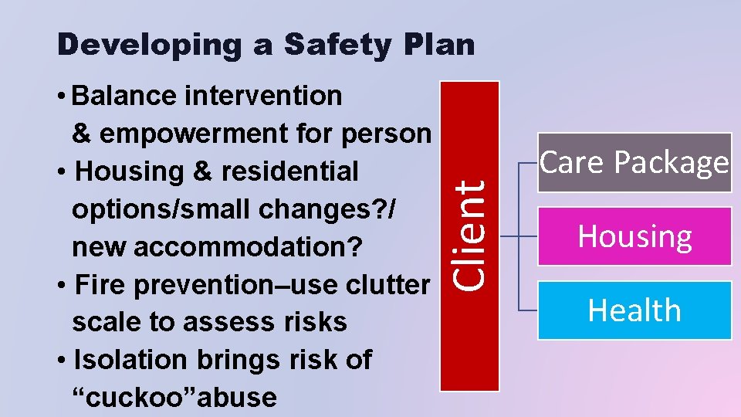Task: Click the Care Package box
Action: click(x=634, y=162)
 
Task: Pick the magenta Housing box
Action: click(x=634, y=236)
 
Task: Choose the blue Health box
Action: click(x=634, y=310)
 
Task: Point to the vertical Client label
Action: click(x=469, y=235)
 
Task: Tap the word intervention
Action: click(x=266, y=96)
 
